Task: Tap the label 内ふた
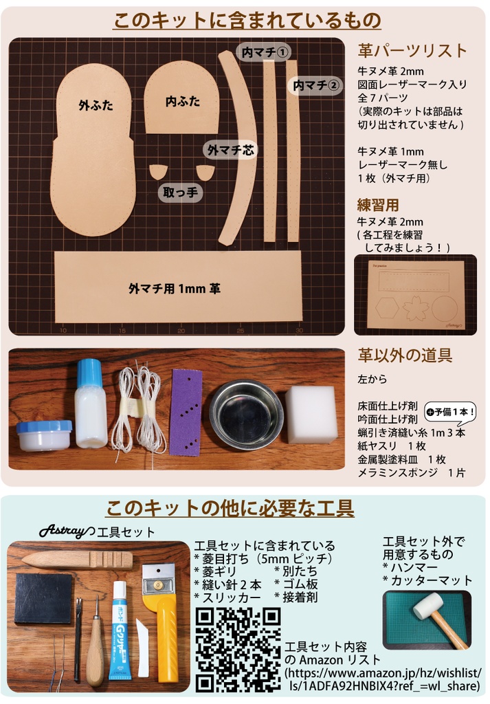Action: [x=182, y=101]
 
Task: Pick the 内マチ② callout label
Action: [x=315, y=85]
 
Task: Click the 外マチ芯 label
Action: [x=230, y=150]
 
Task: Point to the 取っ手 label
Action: [x=181, y=192]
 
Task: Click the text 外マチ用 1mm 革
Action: [x=174, y=289]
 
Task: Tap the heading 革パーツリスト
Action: [x=412, y=50]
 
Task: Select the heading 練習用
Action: [x=378, y=205]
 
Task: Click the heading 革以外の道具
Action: [x=405, y=355]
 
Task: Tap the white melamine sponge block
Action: [x=311, y=414]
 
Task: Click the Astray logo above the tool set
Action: [x=66, y=531]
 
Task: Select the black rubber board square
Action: [x=43, y=598]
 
